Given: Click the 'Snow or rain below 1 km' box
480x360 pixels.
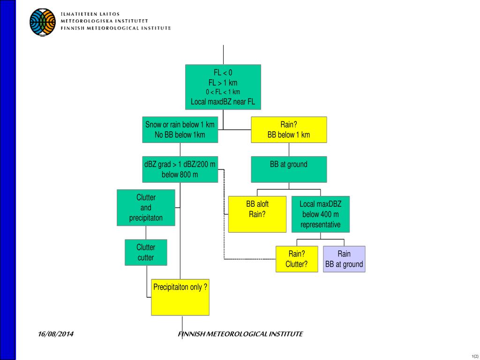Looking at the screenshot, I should point(180,130).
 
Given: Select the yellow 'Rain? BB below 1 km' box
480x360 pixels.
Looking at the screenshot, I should point(289,130).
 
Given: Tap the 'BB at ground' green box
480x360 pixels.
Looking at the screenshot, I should point(289,169).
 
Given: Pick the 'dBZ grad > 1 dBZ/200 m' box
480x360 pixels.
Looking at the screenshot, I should point(180,169).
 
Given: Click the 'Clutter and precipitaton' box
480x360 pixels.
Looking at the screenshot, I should point(146,208).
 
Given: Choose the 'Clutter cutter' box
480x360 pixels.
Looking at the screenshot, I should point(146,252).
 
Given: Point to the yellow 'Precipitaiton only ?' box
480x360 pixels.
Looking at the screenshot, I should point(180,297).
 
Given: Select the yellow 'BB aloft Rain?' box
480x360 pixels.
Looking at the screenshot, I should point(257,214).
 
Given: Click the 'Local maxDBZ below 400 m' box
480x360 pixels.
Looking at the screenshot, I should point(321,214).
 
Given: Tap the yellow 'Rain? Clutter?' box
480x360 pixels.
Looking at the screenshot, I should point(297,259).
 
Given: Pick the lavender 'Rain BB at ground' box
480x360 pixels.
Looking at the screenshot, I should point(344,259).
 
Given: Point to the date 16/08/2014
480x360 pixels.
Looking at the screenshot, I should point(56,334).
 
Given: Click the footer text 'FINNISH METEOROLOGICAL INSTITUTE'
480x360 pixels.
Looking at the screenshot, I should point(240,334).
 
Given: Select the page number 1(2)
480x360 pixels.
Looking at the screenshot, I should point(475,356).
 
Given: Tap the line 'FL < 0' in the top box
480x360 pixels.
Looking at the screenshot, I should point(223,73).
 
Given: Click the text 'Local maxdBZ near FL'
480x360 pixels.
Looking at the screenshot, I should point(223,101).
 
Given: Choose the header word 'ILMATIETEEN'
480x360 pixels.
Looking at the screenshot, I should point(78,14).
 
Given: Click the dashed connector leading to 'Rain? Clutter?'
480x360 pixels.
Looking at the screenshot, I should point(248,259).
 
